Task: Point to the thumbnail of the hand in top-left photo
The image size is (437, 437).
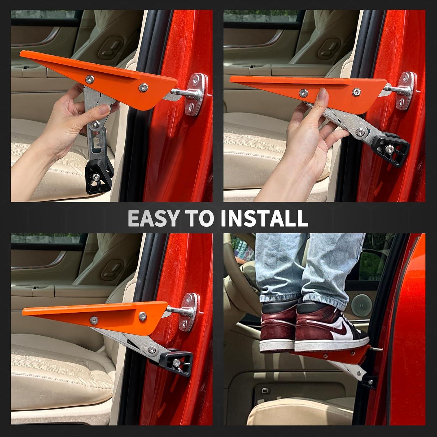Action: pyautogui.click(x=103, y=110)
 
